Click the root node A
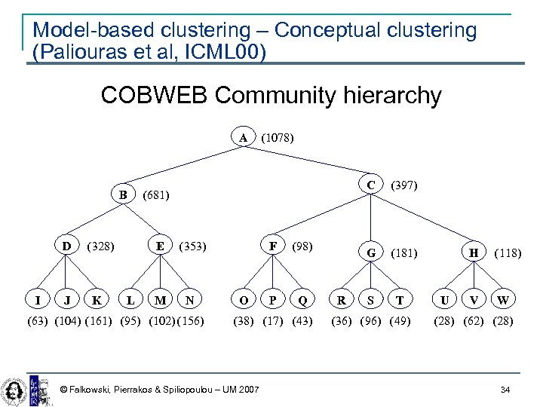point(243,138)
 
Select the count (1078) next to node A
point(277,138)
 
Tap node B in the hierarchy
point(122,194)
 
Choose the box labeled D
point(67,246)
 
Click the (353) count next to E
point(192,246)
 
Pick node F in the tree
point(272,246)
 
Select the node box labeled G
point(370,253)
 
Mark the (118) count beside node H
point(507,254)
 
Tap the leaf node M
point(160,301)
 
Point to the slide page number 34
point(505,389)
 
